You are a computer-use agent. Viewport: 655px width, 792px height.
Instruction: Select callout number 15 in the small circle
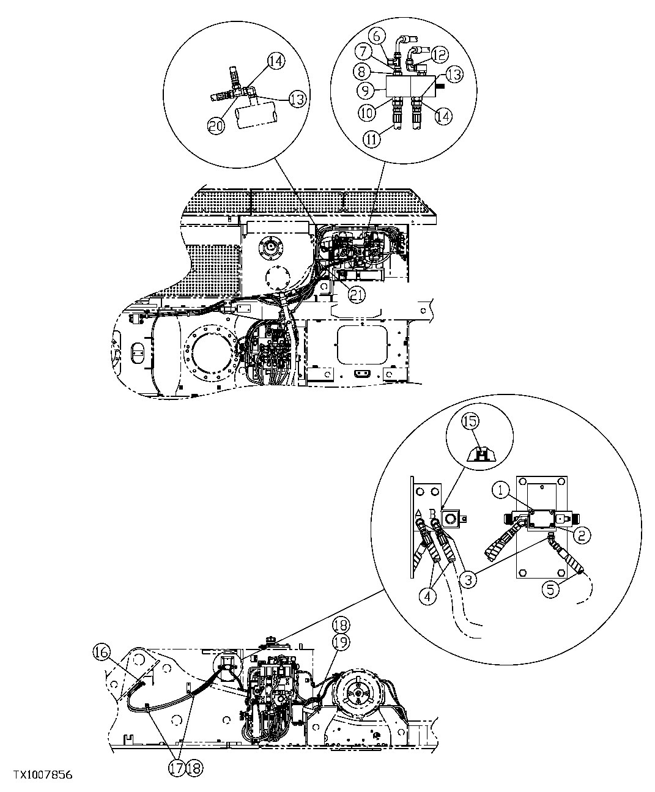(471, 421)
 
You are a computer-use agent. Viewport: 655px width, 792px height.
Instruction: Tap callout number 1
(501, 489)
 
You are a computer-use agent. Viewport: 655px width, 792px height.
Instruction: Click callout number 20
(215, 125)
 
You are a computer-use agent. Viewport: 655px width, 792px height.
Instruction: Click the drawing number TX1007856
(37, 775)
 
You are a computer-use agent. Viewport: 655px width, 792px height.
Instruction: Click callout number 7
(365, 52)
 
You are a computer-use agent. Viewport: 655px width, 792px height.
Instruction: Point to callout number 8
(363, 71)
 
